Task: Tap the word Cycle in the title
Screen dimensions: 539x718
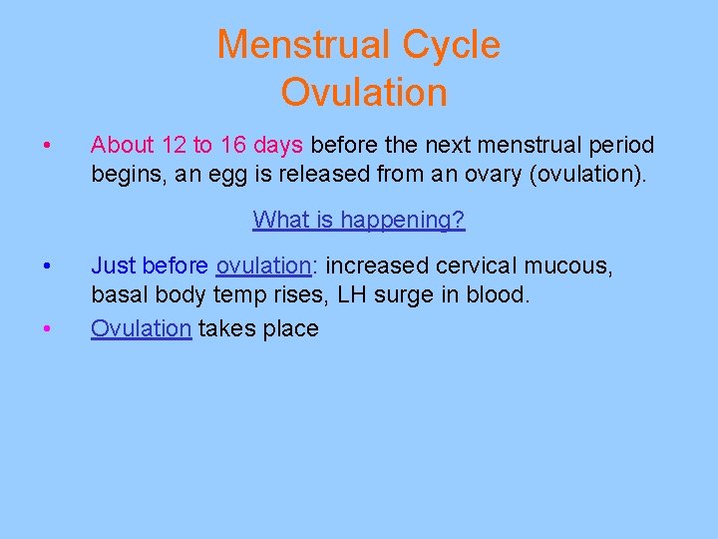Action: (452, 45)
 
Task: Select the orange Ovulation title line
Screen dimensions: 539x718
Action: (364, 93)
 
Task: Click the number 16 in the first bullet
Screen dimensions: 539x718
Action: (233, 146)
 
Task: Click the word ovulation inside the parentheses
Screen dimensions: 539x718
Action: (587, 176)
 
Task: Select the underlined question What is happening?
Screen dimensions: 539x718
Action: (359, 220)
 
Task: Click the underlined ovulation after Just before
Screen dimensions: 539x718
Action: (263, 267)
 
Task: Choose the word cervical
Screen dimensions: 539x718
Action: (468, 267)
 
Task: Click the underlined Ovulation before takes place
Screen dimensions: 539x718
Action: (141, 328)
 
